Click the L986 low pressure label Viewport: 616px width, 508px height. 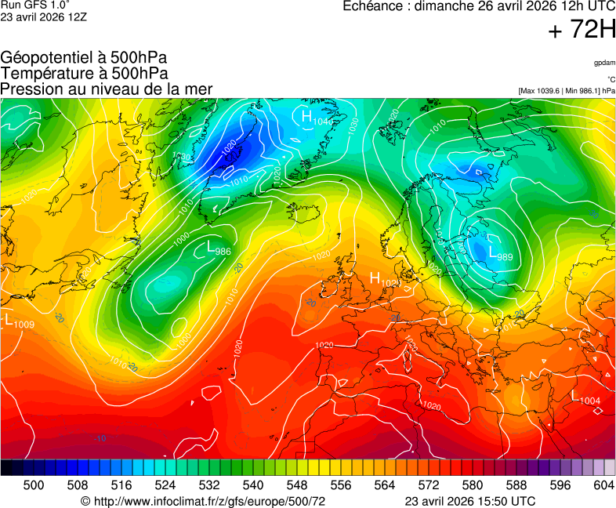coord(219,249)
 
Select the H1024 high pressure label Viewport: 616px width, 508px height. coord(385,280)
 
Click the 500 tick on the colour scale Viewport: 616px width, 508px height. coord(34,486)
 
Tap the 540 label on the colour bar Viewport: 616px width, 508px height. coord(253,486)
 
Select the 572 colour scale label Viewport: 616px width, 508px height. coord(429,486)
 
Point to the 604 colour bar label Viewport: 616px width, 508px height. coord(603,486)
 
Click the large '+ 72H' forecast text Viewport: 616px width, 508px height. coord(582,31)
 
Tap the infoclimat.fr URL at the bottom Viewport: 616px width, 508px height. coord(203,501)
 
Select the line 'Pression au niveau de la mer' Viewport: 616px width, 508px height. coord(107,89)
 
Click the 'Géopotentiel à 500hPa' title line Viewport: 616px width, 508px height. coord(84,58)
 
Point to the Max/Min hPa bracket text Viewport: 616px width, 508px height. coord(567,91)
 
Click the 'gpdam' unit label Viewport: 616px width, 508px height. coord(604,63)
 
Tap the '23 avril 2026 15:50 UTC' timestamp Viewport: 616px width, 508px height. coord(469,501)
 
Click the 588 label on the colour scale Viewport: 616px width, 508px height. coord(516,486)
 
